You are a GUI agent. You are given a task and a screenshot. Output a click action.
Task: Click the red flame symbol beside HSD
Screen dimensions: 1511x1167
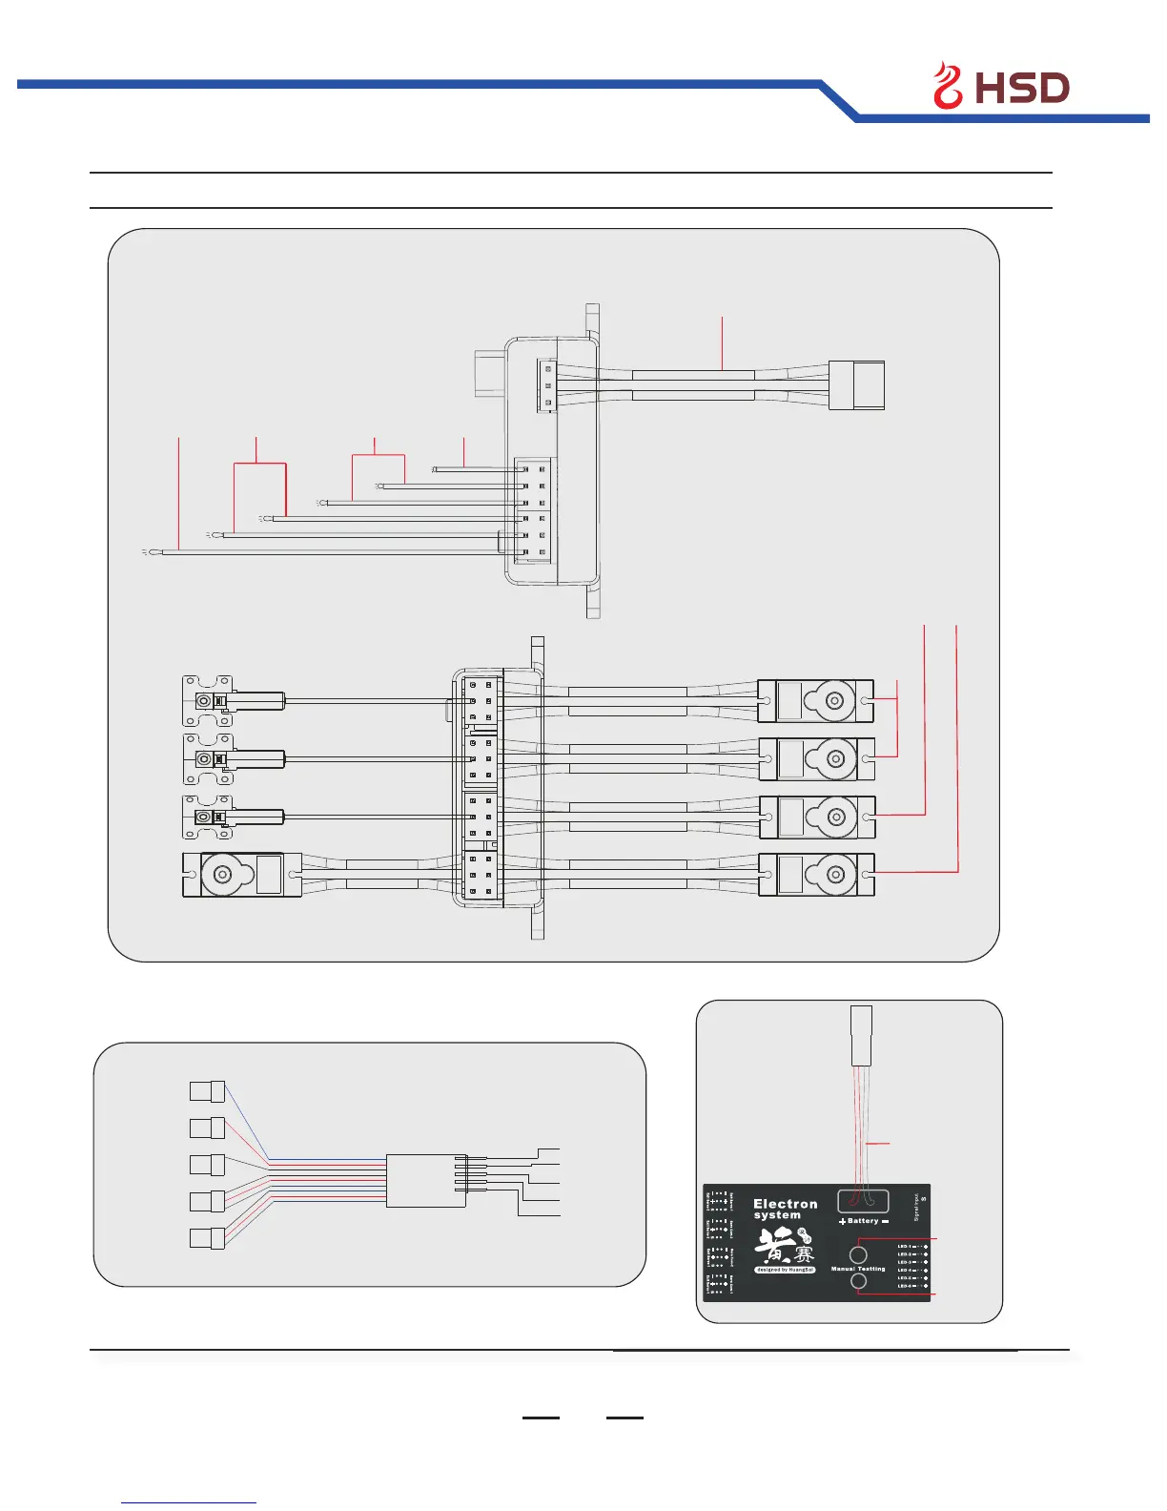[948, 86]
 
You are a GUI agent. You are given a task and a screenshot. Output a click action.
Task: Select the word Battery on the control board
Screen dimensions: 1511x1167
[863, 1221]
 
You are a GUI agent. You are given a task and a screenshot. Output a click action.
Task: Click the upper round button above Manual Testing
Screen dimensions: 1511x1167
[858, 1254]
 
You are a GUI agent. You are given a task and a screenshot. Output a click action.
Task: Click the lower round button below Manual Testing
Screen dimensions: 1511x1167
[858, 1281]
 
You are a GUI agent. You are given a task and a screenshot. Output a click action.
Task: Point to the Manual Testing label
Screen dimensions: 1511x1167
[858, 1269]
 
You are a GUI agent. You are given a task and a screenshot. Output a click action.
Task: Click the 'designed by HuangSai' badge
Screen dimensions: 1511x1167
[785, 1270]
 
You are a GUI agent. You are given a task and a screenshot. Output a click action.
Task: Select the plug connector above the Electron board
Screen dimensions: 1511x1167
[861, 1035]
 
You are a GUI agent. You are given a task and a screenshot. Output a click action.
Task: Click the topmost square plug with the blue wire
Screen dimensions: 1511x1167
[207, 1091]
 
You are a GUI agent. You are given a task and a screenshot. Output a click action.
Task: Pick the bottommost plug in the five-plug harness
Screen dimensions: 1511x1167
[207, 1239]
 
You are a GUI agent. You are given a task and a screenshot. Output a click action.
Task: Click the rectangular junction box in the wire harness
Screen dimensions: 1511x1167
[425, 1181]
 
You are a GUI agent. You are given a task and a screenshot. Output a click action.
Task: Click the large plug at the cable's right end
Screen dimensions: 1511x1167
[856, 385]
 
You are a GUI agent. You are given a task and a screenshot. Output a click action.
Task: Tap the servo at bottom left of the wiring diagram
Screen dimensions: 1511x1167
[242, 875]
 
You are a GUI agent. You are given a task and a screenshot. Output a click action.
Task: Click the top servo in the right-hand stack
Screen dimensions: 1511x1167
[815, 701]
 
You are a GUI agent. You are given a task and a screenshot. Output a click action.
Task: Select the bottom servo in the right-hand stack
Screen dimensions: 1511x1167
[816, 875]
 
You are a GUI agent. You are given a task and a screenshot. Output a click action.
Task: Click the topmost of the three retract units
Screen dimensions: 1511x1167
[233, 701]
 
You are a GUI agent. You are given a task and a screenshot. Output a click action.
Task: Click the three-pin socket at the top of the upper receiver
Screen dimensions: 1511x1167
[546, 385]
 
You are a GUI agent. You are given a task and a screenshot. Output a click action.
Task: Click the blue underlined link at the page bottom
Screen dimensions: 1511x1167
[189, 1501]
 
